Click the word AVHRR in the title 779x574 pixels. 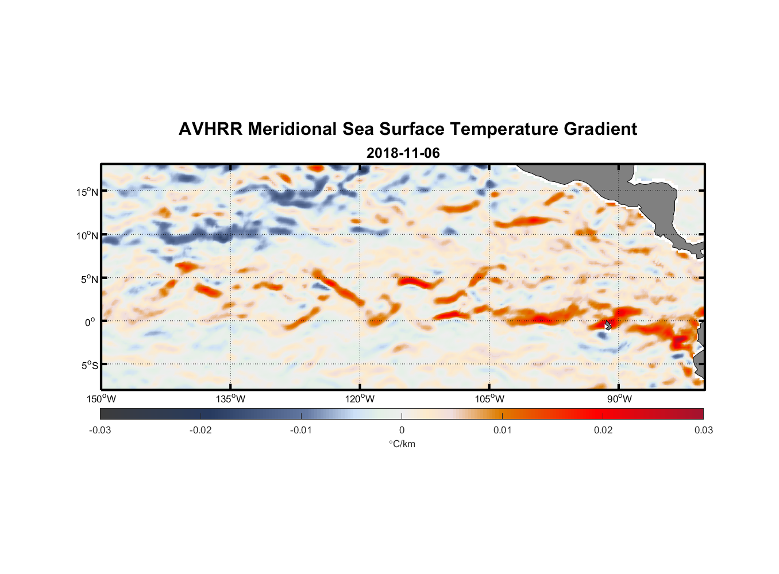210,129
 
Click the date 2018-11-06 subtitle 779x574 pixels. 403,153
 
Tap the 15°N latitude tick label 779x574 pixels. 87,192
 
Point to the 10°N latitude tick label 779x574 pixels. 87,235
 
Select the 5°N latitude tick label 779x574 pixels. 89,279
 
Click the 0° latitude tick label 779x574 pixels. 90,322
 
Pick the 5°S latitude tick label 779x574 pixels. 89,365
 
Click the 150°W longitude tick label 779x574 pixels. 101,399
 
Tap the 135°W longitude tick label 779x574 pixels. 230,399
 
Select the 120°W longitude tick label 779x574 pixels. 360,399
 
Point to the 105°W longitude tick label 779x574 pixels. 489,399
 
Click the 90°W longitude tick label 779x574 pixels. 619,399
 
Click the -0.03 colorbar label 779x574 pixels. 100,430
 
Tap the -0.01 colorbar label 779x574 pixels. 301,430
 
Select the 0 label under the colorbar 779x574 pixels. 402,430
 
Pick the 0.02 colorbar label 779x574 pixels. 603,430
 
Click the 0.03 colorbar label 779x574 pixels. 703,430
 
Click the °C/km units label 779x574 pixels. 402,444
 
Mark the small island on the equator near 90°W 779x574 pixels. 608,325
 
